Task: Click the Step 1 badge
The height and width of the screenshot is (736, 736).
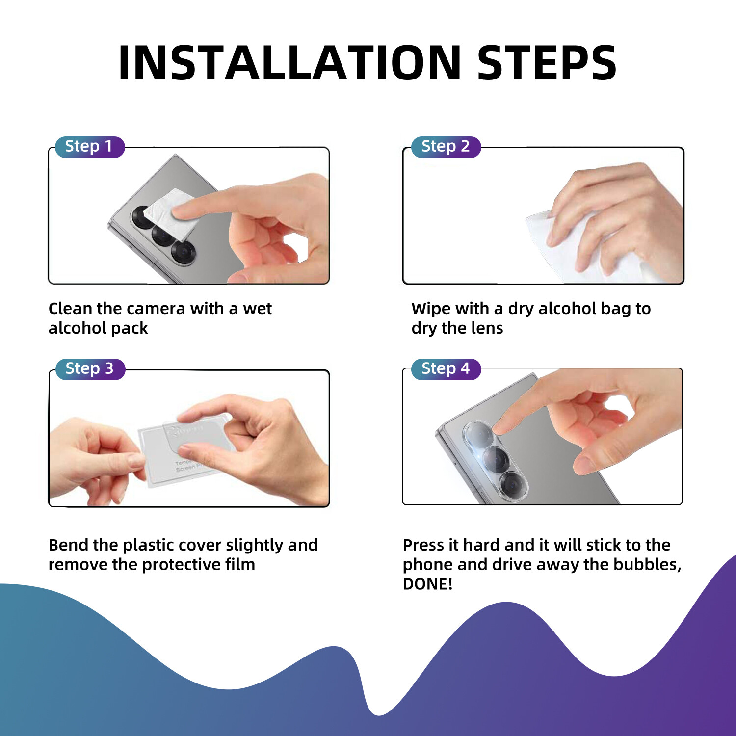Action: (x=89, y=147)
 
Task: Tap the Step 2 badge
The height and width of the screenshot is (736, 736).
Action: (x=446, y=147)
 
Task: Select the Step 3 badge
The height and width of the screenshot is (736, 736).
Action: (x=89, y=369)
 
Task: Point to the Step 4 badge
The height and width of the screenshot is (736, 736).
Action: (x=446, y=369)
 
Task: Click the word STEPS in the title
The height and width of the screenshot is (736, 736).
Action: (x=547, y=63)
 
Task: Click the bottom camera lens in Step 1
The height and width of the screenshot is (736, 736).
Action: (x=184, y=253)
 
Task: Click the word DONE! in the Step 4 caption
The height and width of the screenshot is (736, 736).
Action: (x=427, y=584)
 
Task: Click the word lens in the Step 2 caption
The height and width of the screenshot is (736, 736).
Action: (x=487, y=328)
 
